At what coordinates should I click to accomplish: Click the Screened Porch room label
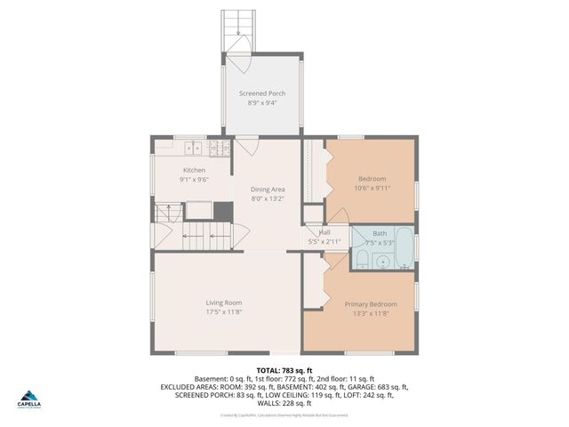262,93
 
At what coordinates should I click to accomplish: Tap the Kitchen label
194,170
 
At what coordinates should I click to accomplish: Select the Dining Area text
268,189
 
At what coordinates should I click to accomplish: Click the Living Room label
224,302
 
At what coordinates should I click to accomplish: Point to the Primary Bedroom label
371,304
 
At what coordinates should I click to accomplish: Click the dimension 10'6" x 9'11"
372,188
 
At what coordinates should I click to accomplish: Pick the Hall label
325,232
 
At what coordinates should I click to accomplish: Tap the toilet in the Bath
362,259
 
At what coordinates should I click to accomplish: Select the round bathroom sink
382,262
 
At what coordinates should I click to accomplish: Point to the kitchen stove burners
217,148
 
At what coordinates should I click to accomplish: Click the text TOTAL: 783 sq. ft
284,369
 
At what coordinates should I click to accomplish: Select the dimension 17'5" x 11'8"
224,312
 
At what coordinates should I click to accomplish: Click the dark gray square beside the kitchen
223,212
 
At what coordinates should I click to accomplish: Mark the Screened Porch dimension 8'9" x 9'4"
262,103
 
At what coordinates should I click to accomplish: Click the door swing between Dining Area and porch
245,147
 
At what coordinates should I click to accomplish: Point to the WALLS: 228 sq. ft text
284,403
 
